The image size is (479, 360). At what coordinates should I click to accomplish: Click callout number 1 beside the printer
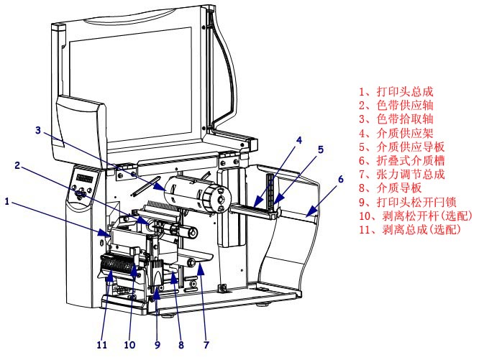click(x=7, y=202)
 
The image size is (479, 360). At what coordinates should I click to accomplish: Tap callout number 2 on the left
click(x=17, y=165)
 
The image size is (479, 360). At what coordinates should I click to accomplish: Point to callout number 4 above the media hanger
click(x=298, y=139)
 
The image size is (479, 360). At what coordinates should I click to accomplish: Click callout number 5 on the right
click(x=321, y=149)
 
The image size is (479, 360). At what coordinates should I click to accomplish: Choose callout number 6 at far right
click(x=341, y=177)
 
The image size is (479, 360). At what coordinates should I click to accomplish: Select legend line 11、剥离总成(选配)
click(x=409, y=229)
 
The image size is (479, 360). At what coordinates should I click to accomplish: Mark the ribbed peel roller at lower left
click(x=117, y=271)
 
